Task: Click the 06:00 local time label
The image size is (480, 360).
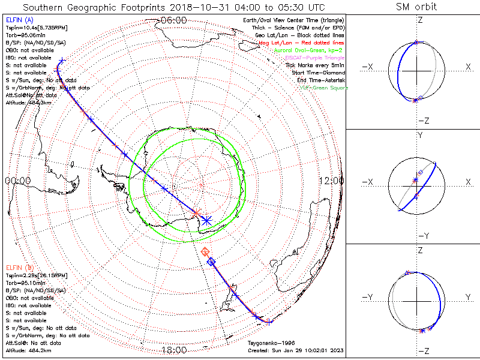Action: pyautogui.click(x=174, y=20)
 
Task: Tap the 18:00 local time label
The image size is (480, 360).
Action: pyautogui.click(x=174, y=350)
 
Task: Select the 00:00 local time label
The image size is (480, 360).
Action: pyautogui.click(x=18, y=181)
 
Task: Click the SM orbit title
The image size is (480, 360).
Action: pyautogui.click(x=416, y=7)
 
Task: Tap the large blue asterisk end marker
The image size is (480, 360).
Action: pyautogui.click(x=206, y=220)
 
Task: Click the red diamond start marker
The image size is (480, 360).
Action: pyautogui.click(x=205, y=251)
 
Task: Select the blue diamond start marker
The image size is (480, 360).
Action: pyautogui.click(x=211, y=262)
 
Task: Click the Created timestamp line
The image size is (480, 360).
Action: pyautogui.click(x=295, y=350)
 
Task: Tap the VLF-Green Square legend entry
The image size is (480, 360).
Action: pyautogui.click(x=324, y=88)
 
